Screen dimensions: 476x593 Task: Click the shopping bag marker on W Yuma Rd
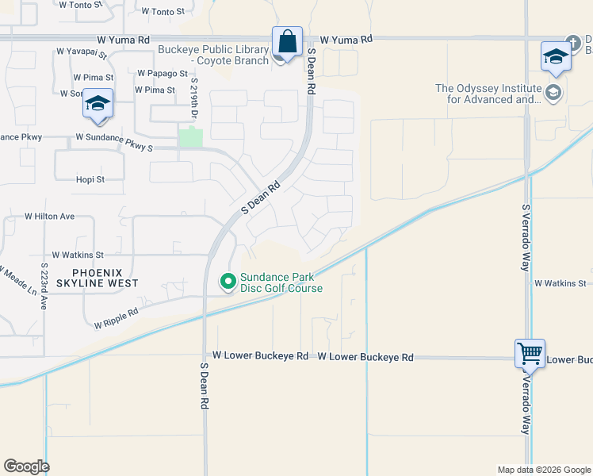[x=288, y=42]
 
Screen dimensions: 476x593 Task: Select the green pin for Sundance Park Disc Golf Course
[x=228, y=282]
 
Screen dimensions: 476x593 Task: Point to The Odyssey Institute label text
[x=488, y=94]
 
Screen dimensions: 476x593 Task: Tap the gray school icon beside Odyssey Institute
[x=553, y=94]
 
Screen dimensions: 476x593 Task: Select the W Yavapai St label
[x=82, y=52]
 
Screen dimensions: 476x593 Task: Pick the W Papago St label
[x=162, y=73]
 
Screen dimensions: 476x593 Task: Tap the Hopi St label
[x=90, y=179]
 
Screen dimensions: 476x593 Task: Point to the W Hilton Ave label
[x=49, y=216]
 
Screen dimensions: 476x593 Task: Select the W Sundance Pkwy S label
[x=114, y=143]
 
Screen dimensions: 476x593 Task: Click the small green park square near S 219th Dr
[x=190, y=137]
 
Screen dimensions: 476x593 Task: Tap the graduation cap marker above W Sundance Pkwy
[x=98, y=105]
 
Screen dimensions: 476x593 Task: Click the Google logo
[x=26, y=466]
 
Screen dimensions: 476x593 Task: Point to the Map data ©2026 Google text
[x=544, y=470]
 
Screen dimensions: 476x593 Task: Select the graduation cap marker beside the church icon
[x=556, y=57]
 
